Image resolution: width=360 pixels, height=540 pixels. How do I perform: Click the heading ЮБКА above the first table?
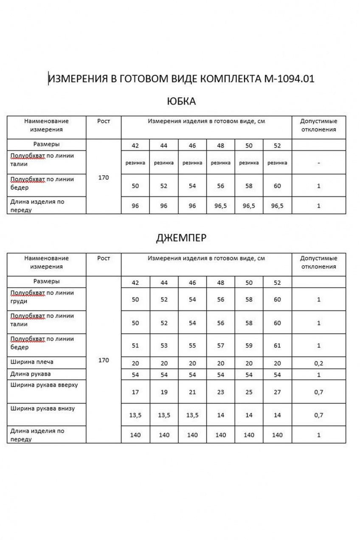[181, 101]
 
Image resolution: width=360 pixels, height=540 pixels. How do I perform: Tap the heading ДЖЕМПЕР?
[181, 238]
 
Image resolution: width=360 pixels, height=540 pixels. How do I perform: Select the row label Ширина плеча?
[32, 362]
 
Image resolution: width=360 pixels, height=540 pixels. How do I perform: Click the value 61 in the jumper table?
[277, 346]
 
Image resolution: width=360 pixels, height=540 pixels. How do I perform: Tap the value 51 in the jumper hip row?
[135, 346]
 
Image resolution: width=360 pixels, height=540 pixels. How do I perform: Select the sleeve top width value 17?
[135, 392]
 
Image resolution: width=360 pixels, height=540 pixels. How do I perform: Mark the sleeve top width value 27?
[277, 392]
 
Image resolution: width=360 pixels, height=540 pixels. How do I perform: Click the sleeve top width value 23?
[221, 392]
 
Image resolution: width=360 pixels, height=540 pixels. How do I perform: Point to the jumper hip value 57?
[221, 346]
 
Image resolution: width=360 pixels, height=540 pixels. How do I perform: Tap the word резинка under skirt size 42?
[135, 163]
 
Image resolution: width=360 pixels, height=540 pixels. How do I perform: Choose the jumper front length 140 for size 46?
[192, 435]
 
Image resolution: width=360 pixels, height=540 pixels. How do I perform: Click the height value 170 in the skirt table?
[104, 178]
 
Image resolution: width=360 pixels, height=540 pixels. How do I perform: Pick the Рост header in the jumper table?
[104, 258]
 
